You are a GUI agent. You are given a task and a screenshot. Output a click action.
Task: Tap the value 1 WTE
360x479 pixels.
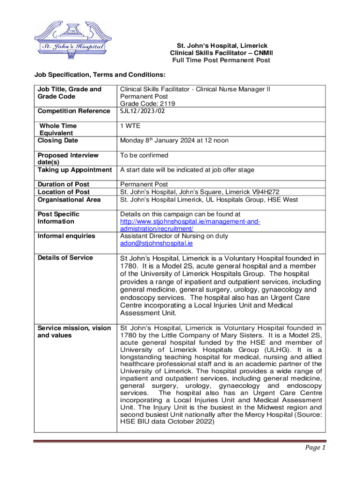tap(130, 126)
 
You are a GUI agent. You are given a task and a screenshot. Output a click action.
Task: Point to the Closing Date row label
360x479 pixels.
tap(58, 141)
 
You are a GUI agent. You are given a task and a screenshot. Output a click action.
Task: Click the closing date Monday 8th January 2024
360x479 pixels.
tap(174, 140)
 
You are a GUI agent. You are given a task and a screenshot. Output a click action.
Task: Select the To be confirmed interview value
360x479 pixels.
tap(144, 155)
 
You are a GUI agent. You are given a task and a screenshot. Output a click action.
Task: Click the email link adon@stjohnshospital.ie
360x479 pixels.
tap(156, 244)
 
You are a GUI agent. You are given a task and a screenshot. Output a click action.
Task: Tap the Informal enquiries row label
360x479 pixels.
tap(66, 236)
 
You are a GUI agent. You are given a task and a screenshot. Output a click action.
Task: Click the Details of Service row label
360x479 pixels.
tap(65, 258)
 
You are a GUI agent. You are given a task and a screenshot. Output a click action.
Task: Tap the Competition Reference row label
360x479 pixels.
tap(73, 111)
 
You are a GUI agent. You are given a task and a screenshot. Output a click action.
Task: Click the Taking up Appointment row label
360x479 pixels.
tap(74, 170)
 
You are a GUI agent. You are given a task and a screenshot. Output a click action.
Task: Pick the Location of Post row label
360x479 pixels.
tap(64, 192)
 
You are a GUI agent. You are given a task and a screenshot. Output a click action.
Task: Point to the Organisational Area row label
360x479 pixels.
tap(69, 199)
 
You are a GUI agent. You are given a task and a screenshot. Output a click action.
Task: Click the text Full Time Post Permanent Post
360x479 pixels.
tap(221, 60)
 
